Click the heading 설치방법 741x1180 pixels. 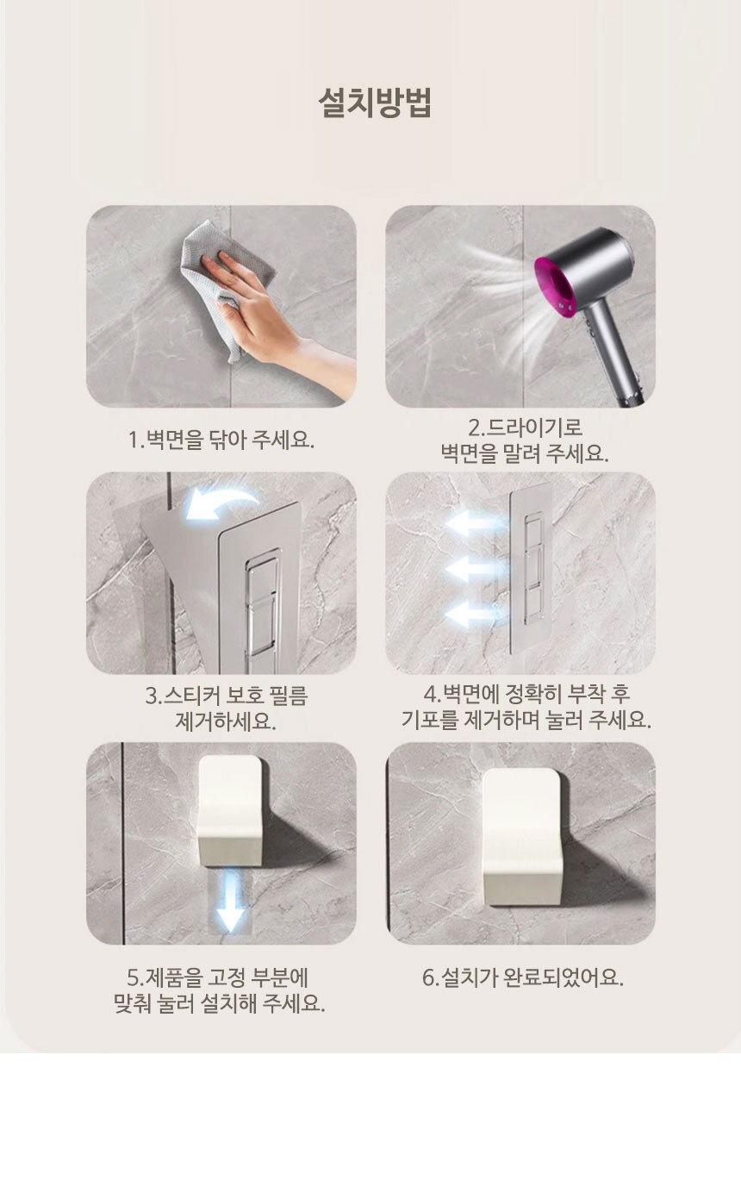tap(375, 103)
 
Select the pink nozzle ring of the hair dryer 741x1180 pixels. tap(553, 284)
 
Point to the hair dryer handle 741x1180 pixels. tap(615, 352)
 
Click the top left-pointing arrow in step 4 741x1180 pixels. tap(474, 525)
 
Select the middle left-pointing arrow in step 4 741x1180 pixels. tap(474, 570)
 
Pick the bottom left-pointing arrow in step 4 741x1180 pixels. tap(474, 615)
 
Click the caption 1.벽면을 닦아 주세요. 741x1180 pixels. tap(221, 439)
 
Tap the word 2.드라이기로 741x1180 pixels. tap(525, 428)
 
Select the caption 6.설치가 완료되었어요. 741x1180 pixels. tap(522, 977)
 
